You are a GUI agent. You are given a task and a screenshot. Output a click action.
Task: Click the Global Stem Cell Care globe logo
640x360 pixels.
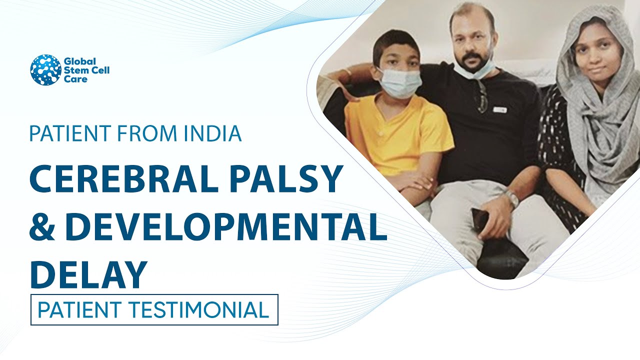coord(45,70)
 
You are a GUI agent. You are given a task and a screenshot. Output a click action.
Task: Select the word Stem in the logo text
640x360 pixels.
coord(73,69)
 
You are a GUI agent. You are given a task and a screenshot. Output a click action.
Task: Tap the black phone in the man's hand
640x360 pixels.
coord(481,220)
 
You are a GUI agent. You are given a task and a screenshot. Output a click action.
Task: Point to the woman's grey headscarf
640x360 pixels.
coord(600,125)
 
